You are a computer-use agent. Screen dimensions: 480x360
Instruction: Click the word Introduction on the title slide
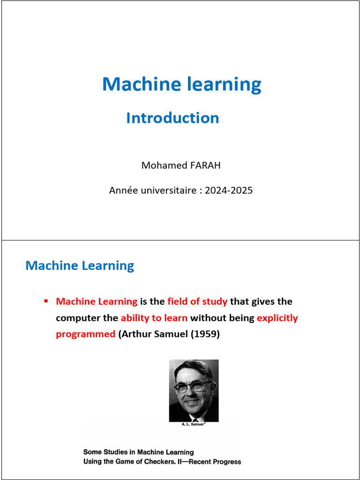click(x=172, y=118)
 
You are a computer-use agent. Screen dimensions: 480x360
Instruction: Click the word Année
click(x=121, y=191)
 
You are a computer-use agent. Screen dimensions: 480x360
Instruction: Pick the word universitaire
click(x=169, y=191)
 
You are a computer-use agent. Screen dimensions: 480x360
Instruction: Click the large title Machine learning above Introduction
click(x=182, y=84)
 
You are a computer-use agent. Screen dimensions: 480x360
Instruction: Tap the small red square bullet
click(x=46, y=300)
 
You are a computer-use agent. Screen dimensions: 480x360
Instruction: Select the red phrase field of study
click(x=197, y=301)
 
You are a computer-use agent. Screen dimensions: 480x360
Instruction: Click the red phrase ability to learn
click(x=154, y=318)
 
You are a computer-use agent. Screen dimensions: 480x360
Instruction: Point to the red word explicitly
click(x=277, y=318)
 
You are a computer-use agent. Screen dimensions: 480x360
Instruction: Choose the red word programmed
click(x=85, y=334)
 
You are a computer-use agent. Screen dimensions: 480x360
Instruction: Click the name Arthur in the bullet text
click(x=137, y=334)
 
